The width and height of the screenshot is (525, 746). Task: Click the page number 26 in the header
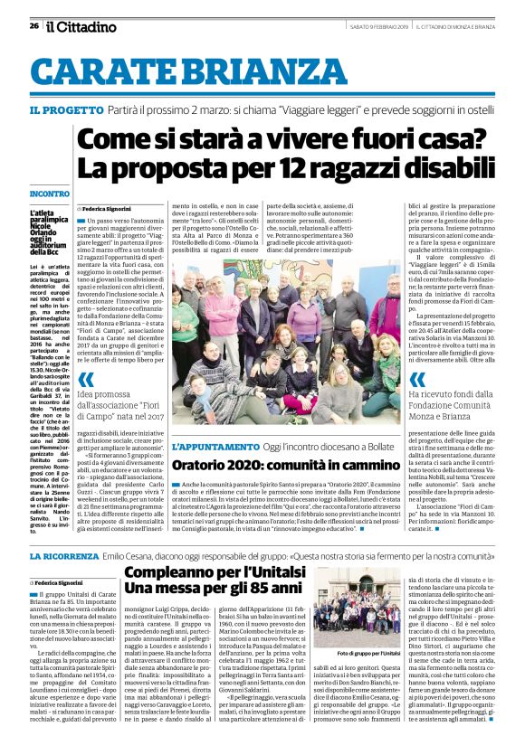33,26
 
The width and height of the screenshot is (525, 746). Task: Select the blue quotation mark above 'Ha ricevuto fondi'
418,379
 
